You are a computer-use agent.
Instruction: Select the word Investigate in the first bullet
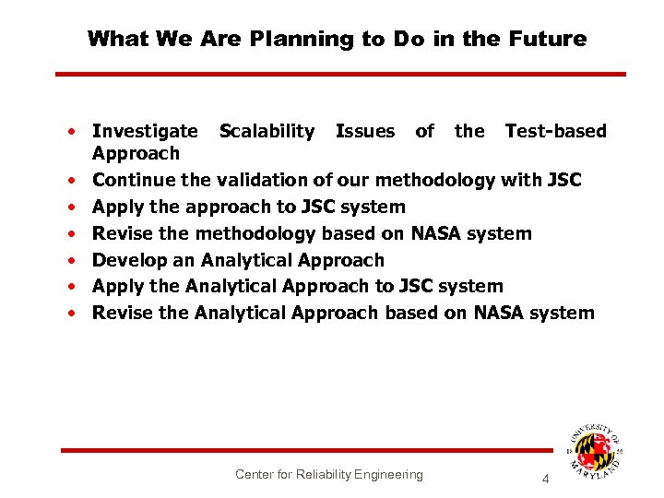pyautogui.click(x=145, y=131)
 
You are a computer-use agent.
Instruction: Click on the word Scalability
pyautogui.click(x=267, y=131)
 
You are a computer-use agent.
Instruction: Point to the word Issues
pyautogui.click(x=364, y=131)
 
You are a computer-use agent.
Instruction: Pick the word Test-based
pyautogui.click(x=555, y=131)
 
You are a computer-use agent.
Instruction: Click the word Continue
pyautogui.click(x=134, y=179)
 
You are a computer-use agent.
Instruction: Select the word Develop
pyautogui.click(x=130, y=260)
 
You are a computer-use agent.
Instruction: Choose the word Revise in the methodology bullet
pyautogui.click(x=123, y=233)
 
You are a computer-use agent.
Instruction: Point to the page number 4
pyautogui.click(x=545, y=480)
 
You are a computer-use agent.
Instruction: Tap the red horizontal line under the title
pyautogui.click(x=340, y=74)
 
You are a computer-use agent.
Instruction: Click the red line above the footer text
pyautogui.click(x=304, y=450)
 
